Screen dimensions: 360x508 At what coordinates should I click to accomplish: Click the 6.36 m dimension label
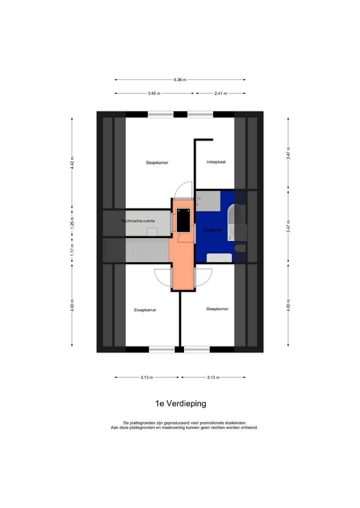point(180,80)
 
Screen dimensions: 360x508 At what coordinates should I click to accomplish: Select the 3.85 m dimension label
point(154,93)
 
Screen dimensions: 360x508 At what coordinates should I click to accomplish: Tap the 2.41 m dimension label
point(220,93)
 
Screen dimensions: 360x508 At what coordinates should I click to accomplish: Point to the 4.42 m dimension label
point(72,163)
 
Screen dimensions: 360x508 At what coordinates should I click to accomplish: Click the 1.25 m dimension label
point(72,223)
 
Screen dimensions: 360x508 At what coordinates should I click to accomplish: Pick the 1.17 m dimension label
point(72,250)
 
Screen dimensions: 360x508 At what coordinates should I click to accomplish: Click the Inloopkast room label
point(216,162)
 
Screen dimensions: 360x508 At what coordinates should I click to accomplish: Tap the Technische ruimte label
point(138,221)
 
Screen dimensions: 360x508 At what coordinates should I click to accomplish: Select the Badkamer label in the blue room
point(213,230)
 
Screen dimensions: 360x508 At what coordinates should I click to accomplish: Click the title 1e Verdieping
point(180,404)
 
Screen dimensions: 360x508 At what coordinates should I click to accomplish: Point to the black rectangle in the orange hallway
point(183,220)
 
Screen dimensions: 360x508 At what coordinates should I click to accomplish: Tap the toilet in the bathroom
point(240,248)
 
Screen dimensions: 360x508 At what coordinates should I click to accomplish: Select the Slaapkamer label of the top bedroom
point(157,163)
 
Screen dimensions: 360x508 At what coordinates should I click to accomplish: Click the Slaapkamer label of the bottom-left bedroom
point(145,310)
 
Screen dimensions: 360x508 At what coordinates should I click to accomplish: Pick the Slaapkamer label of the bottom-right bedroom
point(217,309)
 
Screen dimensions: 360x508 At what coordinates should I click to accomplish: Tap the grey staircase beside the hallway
point(147,250)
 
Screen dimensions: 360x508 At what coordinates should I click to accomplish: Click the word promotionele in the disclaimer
point(212,423)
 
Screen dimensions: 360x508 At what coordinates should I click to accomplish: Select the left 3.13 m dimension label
point(146,377)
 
